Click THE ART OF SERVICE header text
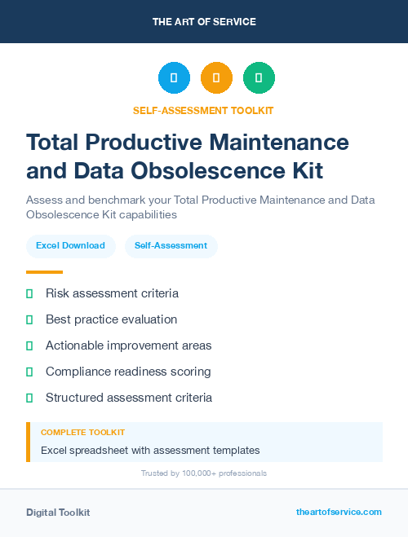[204, 22]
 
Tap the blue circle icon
[174, 78]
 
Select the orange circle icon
[216, 78]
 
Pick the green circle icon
[259, 78]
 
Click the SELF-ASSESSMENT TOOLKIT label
[203, 110]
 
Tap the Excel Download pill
[70, 245]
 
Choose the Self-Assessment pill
[171, 245]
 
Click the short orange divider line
[44, 272]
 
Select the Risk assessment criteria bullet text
[112, 293]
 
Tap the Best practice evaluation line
[111, 319]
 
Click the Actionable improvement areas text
[128, 346]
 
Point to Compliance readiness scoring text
[128, 372]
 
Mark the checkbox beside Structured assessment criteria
[29, 398]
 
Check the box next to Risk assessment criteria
[29, 293]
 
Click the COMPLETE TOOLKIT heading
[82, 433]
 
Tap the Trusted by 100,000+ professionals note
[204, 473]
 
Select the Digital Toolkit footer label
[58, 513]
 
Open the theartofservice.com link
[339, 512]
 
